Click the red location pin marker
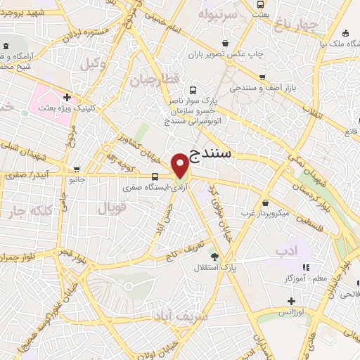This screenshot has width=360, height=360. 181,165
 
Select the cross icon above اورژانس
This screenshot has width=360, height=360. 292,301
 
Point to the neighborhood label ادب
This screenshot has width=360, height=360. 287,250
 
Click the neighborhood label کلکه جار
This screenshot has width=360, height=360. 30,212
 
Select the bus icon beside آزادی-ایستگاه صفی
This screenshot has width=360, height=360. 155,176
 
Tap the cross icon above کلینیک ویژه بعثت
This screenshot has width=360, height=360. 67,97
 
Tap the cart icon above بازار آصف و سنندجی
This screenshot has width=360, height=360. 263,78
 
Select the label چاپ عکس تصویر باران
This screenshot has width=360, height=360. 226,53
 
